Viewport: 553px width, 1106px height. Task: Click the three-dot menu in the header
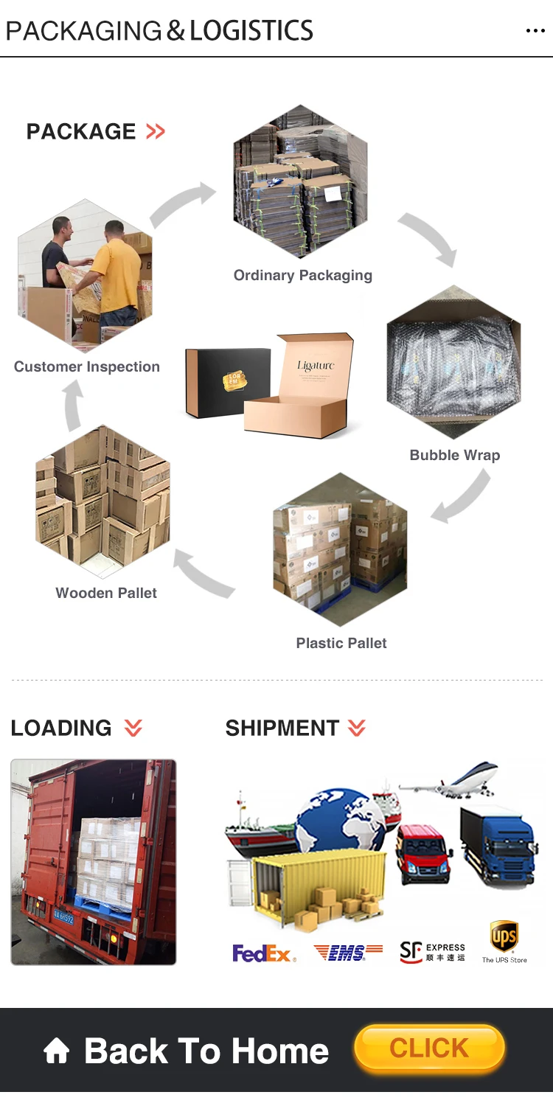click(x=535, y=31)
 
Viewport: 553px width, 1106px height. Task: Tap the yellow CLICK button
click(x=429, y=1048)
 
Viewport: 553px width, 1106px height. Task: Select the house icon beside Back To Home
click(x=57, y=1051)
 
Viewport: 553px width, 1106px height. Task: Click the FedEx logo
click(x=264, y=953)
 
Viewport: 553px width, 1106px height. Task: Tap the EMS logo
click(x=348, y=953)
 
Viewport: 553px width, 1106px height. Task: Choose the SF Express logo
click(x=432, y=952)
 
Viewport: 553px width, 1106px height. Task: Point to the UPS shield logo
click(x=504, y=936)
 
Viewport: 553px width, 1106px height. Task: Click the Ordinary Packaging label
click(x=302, y=276)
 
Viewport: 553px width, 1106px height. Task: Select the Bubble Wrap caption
click(x=454, y=455)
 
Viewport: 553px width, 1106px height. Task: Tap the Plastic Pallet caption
click(x=341, y=643)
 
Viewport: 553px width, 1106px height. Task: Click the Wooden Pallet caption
click(x=106, y=593)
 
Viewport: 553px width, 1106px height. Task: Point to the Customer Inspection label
click(x=86, y=366)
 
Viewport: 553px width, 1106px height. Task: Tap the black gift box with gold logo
click(x=229, y=383)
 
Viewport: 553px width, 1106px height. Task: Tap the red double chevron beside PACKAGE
click(x=156, y=132)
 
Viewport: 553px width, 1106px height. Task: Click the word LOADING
click(x=61, y=728)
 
